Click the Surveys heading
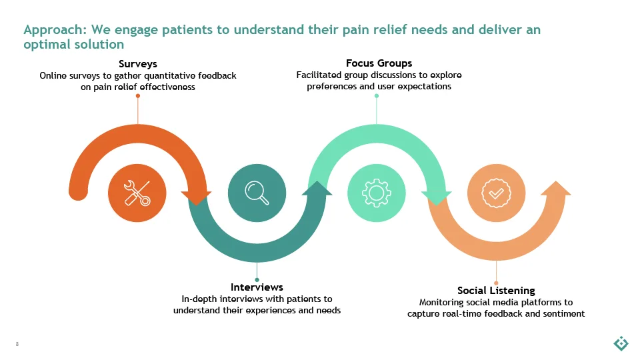click(x=138, y=64)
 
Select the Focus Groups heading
click(x=379, y=63)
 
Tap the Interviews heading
click(x=257, y=287)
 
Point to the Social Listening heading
click(x=496, y=290)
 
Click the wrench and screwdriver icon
click(x=137, y=193)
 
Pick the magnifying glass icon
click(x=257, y=193)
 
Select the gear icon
click(x=376, y=193)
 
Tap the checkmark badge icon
click(x=496, y=193)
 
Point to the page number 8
click(x=17, y=344)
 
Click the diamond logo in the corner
click(x=621, y=343)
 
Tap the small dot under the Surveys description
click(x=138, y=96)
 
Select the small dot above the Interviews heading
click(x=257, y=279)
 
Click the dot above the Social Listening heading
click(x=496, y=283)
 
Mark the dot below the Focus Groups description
click(x=376, y=96)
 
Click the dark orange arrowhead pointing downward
click(x=196, y=197)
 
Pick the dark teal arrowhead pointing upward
click(x=317, y=189)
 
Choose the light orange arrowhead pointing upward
click(x=556, y=189)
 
